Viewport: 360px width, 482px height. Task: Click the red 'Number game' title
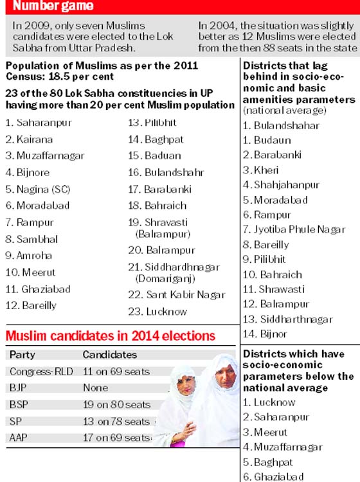tap(53, 6)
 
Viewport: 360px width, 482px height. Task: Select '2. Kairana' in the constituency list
tap(29, 139)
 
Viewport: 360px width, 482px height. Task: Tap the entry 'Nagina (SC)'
tap(43, 189)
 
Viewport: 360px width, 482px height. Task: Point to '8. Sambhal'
tap(32, 239)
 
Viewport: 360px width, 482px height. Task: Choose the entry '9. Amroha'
tap(28, 255)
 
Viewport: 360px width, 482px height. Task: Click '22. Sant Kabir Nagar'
tap(177, 295)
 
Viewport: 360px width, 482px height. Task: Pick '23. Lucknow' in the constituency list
tap(157, 312)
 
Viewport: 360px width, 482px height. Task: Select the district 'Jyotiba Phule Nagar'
tap(300, 229)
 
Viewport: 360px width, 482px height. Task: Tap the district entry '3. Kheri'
tap(261, 170)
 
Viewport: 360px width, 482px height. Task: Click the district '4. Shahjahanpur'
tap(281, 184)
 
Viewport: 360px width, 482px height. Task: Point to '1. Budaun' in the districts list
tap(267, 140)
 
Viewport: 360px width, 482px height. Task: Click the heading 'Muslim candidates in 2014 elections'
tap(111, 335)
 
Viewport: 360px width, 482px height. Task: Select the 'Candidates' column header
tap(110, 355)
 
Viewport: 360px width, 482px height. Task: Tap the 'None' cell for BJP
tap(95, 388)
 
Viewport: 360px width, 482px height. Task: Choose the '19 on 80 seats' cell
tap(116, 404)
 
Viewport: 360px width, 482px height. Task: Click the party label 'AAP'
tap(19, 438)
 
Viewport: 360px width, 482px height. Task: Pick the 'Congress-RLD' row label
tap(41, 371)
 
